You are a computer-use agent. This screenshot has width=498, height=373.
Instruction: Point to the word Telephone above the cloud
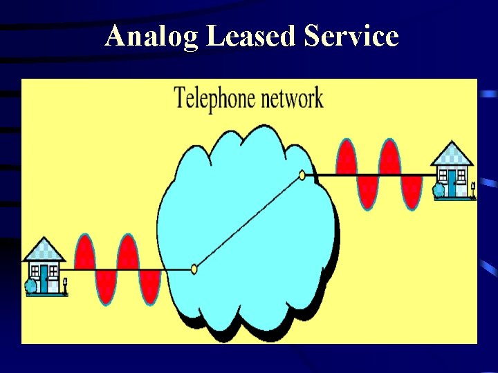click(214, 99)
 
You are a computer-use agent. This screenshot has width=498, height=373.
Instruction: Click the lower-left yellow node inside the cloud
click(194, 269)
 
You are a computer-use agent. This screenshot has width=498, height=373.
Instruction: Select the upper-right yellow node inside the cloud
click(302, 175)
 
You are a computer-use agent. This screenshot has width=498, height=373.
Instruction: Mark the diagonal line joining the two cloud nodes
click(248, 222)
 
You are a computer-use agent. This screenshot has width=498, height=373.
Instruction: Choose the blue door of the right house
click(452, 182)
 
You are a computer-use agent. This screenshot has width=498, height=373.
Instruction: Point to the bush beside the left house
click(30, 285)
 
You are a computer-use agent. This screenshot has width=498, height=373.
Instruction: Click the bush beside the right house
click(438, 190)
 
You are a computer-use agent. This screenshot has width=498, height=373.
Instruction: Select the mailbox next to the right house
click(473, 186)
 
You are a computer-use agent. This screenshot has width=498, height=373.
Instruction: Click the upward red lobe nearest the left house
click(84, 252)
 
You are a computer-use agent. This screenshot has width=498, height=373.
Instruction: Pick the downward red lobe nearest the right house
click(412, 192)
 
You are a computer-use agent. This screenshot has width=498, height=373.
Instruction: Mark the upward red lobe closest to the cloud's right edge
click(347, 157)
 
